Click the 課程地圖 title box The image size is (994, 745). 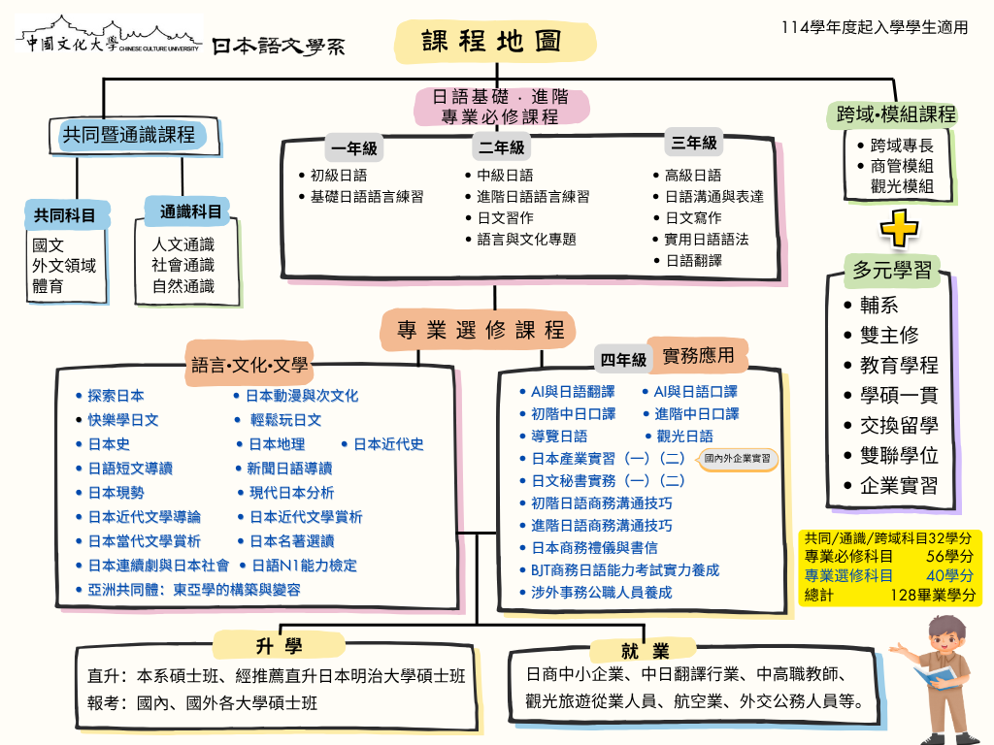point(495,41)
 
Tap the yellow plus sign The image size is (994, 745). point(898,228)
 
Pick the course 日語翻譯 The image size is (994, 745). point(693,260)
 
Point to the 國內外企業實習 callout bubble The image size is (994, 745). point(738,458)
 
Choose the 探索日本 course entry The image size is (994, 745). point(116,396)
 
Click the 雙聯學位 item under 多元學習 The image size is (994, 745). point(899,456)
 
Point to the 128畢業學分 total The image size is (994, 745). point(932,596)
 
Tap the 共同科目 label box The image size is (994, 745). point(66,214)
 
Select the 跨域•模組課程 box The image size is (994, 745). point(896,114)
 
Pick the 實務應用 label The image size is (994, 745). point(698,355)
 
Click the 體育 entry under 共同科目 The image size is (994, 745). point(49,286)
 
